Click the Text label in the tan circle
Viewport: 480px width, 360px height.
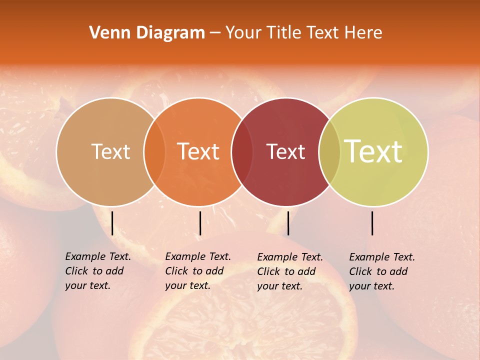coord(110,151)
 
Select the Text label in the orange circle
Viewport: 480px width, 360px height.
coord(198,151)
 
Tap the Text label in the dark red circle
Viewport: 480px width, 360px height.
coord(286,151)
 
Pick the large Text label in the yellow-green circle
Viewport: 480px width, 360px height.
coord(373,151)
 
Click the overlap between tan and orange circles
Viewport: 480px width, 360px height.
coord(154,151)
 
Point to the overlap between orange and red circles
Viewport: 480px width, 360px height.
coord(242,151)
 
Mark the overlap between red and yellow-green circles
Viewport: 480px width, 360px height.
coord(329,151)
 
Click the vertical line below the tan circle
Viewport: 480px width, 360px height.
coord(112,223)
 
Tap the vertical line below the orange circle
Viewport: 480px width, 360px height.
coord(200,223)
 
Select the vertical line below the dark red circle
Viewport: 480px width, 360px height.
coord(288,223)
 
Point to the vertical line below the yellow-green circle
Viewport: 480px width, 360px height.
coord(372,223)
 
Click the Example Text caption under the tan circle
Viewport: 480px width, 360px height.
coord(98,271)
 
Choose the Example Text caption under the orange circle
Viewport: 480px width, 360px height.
coord(198,271)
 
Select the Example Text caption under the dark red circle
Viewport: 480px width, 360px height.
coord(290,271)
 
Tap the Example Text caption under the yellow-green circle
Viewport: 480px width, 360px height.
coord(382,271)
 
